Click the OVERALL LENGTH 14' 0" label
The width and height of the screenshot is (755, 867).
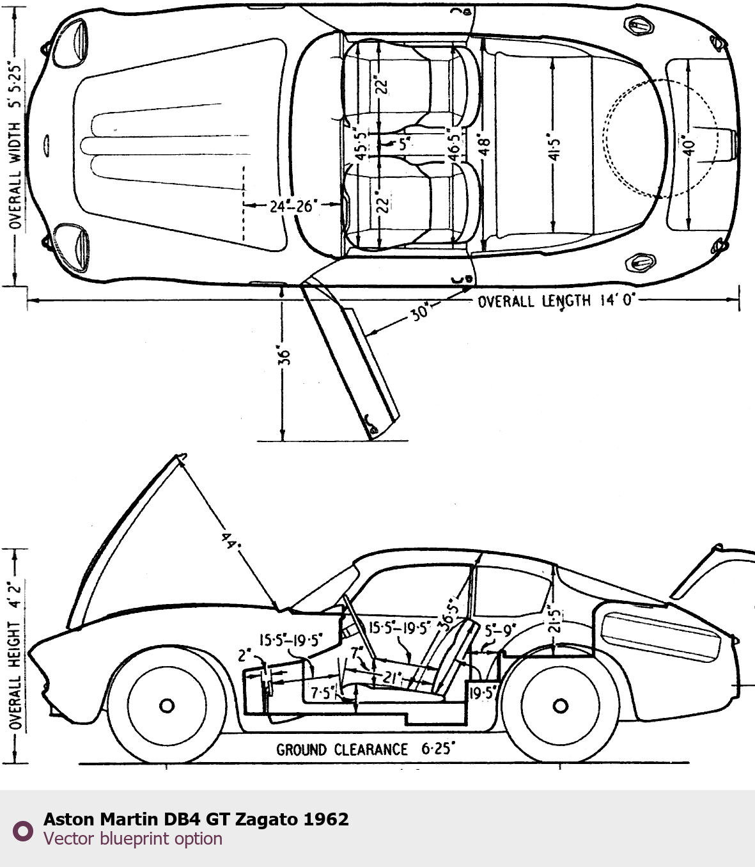(555, 300)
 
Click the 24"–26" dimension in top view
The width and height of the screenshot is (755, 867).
(291, 206)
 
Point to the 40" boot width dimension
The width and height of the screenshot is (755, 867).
(688, 145)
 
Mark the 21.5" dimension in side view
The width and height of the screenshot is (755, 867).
(554, 619)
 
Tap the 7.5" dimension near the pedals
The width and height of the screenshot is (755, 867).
(322, 693)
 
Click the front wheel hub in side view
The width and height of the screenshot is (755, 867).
(167, 706)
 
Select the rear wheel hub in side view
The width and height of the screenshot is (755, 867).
(560, 706)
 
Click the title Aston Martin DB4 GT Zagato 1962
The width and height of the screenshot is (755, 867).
(196, 819)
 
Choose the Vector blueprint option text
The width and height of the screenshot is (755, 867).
(133, 839)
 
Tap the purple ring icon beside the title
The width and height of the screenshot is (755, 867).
(23, 831)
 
